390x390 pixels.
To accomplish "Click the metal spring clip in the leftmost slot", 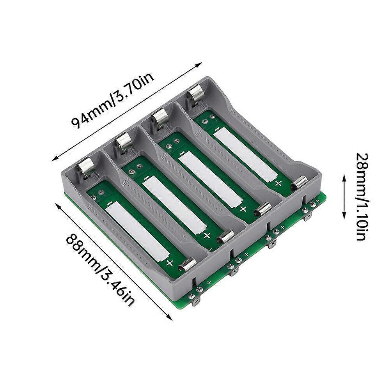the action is point(85,167).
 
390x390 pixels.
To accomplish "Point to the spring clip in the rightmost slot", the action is point(195,95).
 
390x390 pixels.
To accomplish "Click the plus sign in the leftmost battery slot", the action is point(170,262).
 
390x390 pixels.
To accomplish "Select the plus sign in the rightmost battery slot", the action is point(278,183).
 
